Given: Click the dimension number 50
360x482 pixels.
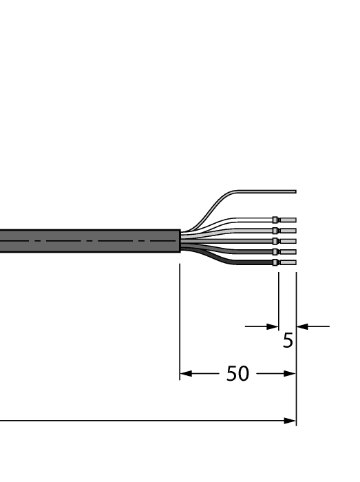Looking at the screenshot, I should point(237,375).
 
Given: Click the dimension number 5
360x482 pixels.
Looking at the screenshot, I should point(288,341).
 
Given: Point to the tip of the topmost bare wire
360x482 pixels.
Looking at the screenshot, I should point(294,191).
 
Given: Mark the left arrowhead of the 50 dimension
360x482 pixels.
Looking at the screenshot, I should point(184,375).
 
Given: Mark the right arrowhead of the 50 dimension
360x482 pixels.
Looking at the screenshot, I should point(291,375).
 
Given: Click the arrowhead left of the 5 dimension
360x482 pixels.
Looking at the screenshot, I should point(273,326).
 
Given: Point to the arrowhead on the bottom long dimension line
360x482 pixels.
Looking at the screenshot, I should point(290,420).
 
